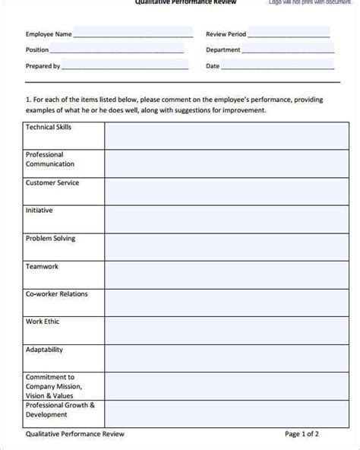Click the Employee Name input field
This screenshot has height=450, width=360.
pos(134,33)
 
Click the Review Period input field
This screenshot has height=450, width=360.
pos(289,33)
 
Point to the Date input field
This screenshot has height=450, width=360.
pos(276,66)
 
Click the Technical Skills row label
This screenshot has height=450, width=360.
pos(49,127)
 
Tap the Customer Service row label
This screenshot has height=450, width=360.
pos(52,183)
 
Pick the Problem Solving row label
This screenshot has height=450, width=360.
pos(50,238)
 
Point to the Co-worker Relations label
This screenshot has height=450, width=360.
pos(57,293)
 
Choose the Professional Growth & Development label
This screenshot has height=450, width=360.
pos(60,410)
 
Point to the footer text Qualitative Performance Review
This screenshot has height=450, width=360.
pos(74,434)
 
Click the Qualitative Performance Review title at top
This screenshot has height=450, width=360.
pos(185,2)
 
